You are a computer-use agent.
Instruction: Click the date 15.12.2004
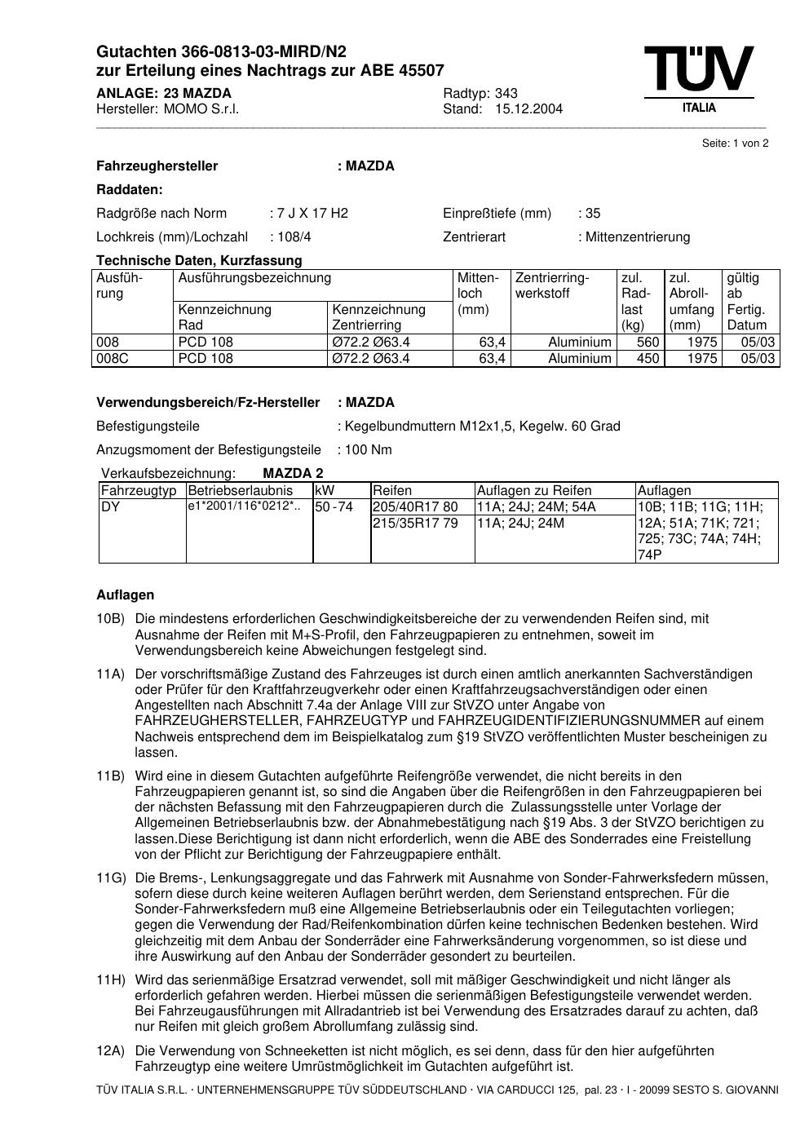528,109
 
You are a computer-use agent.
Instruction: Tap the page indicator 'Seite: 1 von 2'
735,144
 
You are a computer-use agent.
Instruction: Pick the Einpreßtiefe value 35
592,214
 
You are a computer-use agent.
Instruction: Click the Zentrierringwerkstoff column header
552,285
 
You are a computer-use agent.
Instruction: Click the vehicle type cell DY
110,507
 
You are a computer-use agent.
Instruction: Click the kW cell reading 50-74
334,507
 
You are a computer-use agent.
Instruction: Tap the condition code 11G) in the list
111,878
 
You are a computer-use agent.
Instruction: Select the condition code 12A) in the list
111,1051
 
